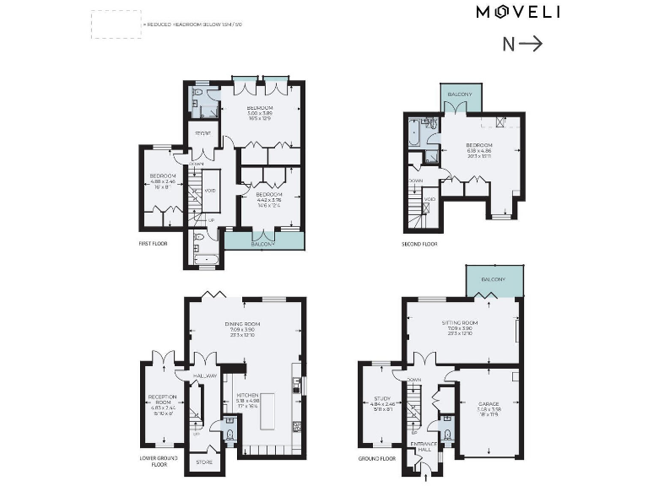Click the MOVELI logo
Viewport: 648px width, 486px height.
pos(518,12)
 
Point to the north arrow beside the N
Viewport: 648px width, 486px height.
pos(532,45)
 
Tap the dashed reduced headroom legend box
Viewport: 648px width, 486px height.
pos(116,24)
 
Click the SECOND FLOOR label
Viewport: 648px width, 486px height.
pos(419,244)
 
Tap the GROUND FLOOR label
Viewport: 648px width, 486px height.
pos(375,458)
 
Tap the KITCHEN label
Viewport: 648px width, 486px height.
pos(246,395)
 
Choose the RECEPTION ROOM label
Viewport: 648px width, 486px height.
pos(161,399)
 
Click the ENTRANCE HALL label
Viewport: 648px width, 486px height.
pos(420,445)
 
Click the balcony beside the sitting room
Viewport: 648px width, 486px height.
pos(494,278)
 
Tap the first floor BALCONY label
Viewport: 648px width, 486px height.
pos(262,244)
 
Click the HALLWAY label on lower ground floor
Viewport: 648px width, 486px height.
pos(204,375)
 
